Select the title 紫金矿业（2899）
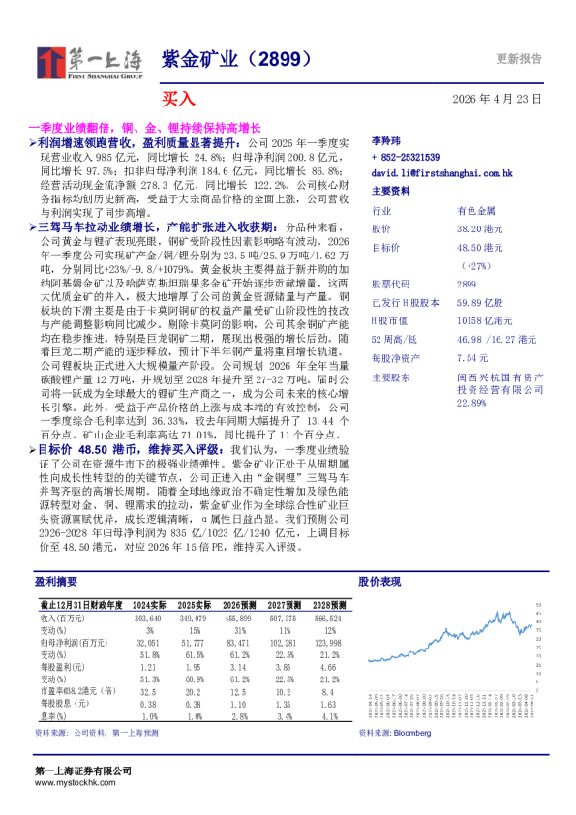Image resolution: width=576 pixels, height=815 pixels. pos(236,59)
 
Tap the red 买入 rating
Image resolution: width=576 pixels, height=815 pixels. pos(178,99)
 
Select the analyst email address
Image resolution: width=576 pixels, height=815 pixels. pos(441,173)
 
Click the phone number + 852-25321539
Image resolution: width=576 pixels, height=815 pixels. pos(406,157)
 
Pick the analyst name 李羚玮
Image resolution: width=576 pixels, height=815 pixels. pos(386,141)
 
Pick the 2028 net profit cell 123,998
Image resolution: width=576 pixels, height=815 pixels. pos(327,643)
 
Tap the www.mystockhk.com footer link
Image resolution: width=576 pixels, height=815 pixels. pos(69,781)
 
